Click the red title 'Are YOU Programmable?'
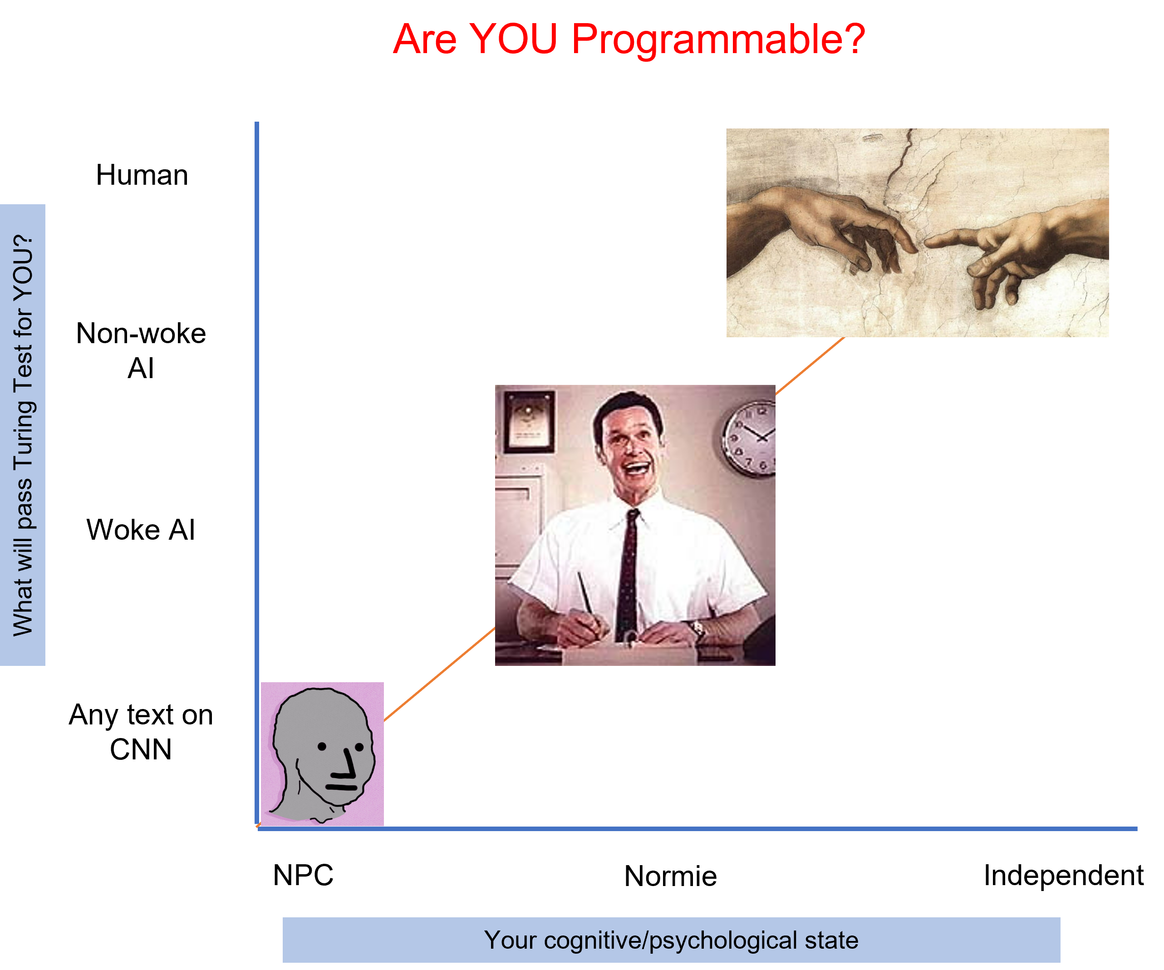click(629, 40)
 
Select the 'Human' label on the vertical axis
click(142, 175)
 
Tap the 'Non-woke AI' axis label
click(141, 350)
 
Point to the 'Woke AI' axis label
click(141, 529)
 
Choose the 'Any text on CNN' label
click(141, 732)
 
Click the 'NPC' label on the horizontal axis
click(303, 875)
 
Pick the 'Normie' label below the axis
click(670, 876)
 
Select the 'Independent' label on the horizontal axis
click(1063, 875)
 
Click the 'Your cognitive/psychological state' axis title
click(671, 940)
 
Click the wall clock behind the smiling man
click(749, 438)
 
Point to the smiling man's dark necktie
click(628, 576)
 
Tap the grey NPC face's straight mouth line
click(341, 787)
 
